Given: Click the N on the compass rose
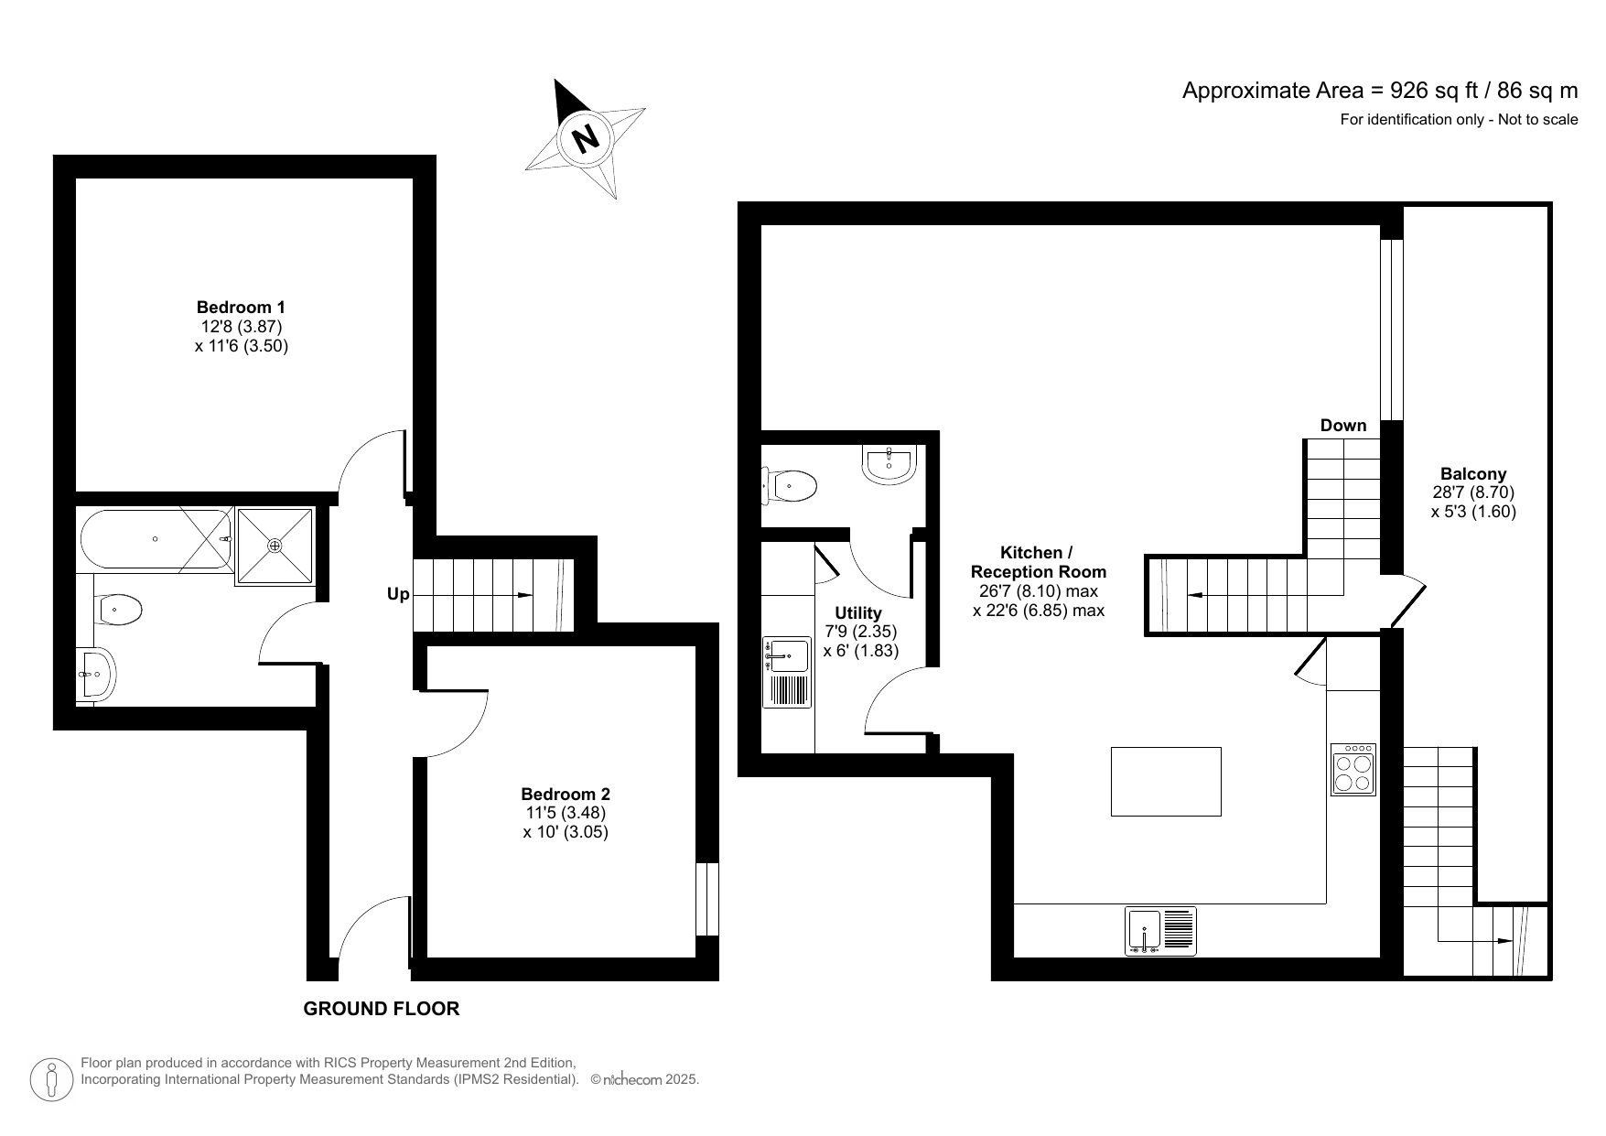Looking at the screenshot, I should tap(585, 138).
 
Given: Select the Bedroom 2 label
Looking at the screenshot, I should tap(565, 795).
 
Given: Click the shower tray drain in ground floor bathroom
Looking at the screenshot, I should tap(275, 546).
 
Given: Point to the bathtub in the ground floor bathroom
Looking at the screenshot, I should tap(156, 539).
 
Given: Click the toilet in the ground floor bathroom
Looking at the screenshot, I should tap(120, 609).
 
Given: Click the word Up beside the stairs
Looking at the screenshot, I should tap(398, 594).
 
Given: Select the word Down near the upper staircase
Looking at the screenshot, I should tap(1342, 426).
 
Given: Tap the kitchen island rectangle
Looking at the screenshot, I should tap(1165, 781).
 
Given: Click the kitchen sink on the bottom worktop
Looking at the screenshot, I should tap(1159, 931).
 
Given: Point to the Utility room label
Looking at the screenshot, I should tap(857, 613).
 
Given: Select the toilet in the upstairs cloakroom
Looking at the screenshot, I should tap(790, 485).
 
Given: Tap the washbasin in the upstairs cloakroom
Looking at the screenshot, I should tap(888, 464).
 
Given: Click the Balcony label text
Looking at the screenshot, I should tap(1472, 474).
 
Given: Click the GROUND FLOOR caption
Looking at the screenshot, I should tap(381, 1009).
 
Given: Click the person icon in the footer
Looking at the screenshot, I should tap(51, 1080).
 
